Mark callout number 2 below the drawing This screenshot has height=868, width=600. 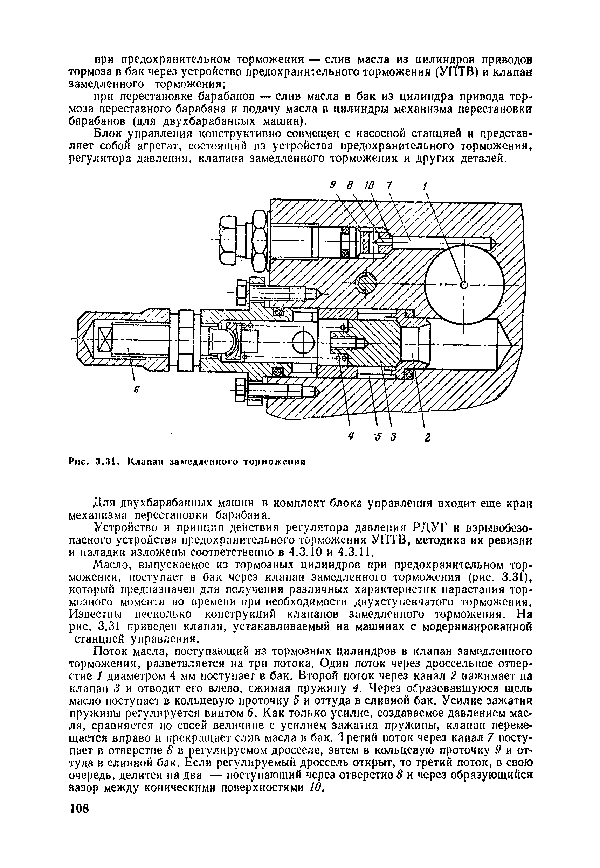coord(427,437)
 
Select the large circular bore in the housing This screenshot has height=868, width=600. coord(465,285)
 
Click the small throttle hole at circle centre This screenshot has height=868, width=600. coord(464,285)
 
